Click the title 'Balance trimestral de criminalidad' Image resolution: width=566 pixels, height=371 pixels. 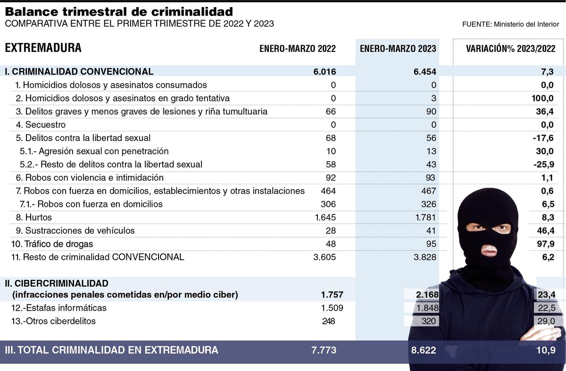click(119, 11)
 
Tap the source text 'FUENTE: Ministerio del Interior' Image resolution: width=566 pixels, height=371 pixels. click(511, 24)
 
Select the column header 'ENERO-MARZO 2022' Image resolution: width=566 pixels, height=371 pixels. click(298, 49)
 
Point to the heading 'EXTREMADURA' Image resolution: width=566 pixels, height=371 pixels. click(43, 48)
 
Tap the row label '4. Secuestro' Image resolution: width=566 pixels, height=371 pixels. click(40, 125)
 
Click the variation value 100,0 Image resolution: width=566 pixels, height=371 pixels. click(540, 99)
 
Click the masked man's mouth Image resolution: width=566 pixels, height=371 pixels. click(489, 250)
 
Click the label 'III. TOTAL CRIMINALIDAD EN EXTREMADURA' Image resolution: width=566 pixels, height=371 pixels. click(111, 350)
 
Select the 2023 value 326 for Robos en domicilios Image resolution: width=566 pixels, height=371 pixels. click(427, 204)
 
